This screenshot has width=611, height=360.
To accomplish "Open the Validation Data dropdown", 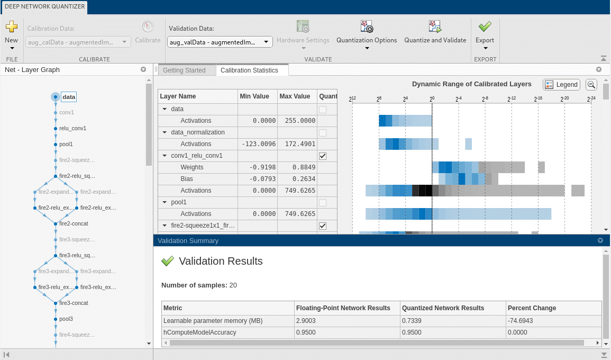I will pos(220,42).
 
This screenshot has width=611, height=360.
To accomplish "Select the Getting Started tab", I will pos(184,70).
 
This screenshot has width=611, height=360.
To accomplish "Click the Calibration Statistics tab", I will pos(249,70).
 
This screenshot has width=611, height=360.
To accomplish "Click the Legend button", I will pos(561,85).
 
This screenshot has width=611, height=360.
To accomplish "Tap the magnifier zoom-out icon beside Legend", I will pos(591,85).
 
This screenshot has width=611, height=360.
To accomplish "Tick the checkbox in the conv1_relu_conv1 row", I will pos(323,156).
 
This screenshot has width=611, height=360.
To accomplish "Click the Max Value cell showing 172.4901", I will pos(297,144).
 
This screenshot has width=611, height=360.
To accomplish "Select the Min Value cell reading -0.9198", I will pos(258,167).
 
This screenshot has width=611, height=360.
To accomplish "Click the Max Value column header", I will pos(295,96).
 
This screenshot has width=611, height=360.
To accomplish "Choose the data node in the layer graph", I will pos(69,97).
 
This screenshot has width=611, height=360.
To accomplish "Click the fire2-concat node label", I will pos(74,223).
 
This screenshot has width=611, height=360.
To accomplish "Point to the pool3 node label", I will pos(66,319).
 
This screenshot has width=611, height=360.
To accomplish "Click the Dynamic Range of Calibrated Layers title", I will pos(471,84).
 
